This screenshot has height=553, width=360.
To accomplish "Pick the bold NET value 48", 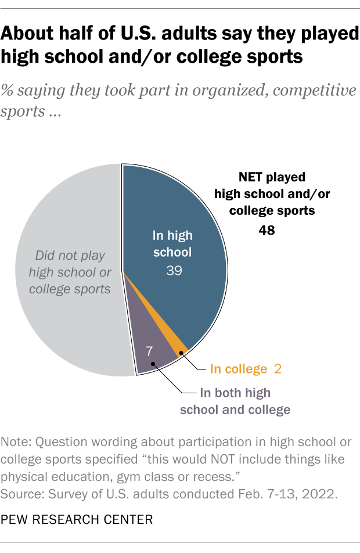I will click(x=267, y=231).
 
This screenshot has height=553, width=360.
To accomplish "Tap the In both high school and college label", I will click(x=235, y=401).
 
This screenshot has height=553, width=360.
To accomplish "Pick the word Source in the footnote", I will click(x=23, y=495).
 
